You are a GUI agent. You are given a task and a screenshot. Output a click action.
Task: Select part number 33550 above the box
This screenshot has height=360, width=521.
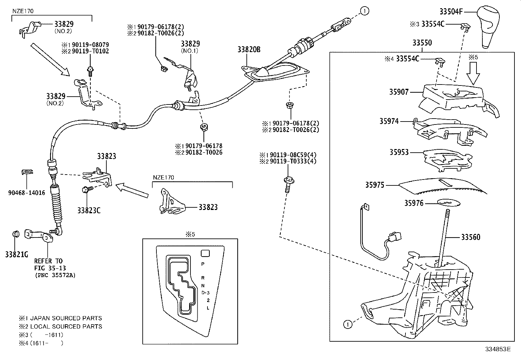(422, 43)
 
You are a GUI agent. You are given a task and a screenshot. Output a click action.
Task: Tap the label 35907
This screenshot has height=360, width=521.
(399, 92)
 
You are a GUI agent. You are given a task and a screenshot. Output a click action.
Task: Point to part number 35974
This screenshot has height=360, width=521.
(389, 122)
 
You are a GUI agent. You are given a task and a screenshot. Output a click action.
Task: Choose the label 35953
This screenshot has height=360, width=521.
(399, 152)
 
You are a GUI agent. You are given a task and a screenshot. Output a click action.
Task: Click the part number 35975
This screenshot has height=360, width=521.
(375, 185)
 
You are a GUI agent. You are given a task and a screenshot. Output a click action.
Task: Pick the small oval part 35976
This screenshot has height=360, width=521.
(448, 203)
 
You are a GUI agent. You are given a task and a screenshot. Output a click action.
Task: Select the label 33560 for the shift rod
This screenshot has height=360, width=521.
(471, 237)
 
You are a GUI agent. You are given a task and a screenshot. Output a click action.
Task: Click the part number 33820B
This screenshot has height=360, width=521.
(249, 49)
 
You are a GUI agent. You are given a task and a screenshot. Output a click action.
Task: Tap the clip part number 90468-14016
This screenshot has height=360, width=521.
(27, 193)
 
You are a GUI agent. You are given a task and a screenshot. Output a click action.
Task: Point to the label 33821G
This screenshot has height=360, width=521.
(16, 254)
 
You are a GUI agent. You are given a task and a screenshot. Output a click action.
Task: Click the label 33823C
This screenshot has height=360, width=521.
(89, 210)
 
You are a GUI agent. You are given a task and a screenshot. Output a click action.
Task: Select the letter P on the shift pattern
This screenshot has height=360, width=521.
(203, 264)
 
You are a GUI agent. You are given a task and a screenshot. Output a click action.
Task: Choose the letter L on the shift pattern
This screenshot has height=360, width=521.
(207, 308)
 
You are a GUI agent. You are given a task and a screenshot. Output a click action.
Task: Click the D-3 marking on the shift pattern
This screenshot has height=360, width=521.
(205, 292)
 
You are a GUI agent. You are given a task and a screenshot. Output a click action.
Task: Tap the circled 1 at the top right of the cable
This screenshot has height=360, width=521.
(365, 11)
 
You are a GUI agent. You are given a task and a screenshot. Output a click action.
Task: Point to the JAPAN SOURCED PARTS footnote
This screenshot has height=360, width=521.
(60, 318)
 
